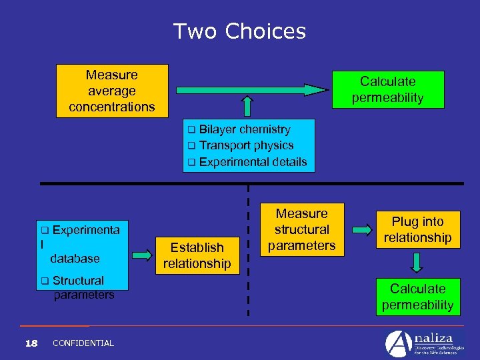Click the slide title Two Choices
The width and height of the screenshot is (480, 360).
(240, 31)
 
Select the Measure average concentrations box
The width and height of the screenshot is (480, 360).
(111, 91)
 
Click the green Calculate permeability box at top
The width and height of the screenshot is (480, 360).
(387, 89)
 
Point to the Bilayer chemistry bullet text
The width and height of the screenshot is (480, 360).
(244, 129)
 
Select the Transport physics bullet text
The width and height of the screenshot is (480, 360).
(246, 145)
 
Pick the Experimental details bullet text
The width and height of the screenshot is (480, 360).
(253, 161)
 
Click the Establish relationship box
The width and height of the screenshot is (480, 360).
(197, 255)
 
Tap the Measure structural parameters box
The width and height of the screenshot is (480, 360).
(302, 229)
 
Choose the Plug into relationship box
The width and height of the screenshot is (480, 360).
(417, 229)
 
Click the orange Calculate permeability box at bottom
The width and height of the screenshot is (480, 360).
(417, 297)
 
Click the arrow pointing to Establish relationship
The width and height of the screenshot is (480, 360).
(142, 254)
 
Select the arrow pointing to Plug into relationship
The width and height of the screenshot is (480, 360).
(362, 230)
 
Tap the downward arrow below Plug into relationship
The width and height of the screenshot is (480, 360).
(417, 262)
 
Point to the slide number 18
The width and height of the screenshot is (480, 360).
(31, 343)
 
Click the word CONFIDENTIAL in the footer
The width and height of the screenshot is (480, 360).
(83, 343)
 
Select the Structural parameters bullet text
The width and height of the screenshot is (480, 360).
(78, 287)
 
